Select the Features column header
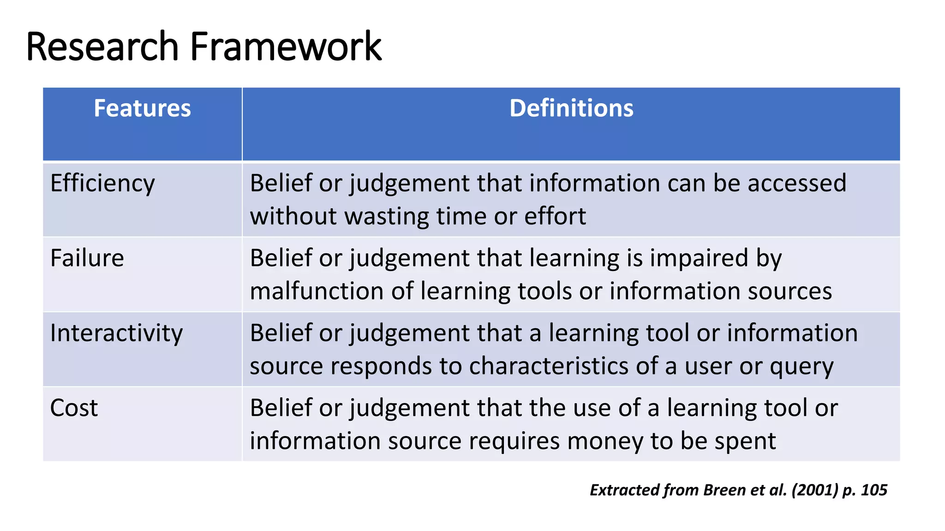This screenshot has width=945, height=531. tap(142, 108)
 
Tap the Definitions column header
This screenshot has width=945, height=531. tap(571, 108)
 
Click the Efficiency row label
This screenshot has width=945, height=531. tap(102, 183)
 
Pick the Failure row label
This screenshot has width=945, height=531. tap(87, 258)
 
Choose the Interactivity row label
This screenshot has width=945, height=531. tap(116, 333)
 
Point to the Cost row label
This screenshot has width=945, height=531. tap(74, 408)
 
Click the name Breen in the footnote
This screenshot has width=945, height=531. tap(724, 490)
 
